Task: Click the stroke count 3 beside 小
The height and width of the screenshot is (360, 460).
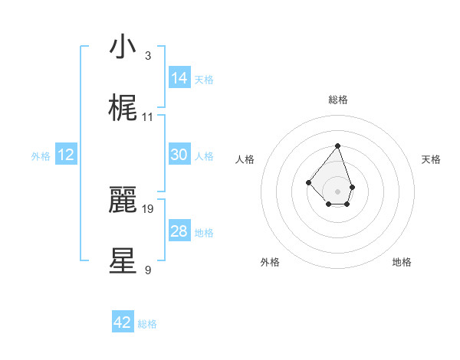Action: click(148, 56)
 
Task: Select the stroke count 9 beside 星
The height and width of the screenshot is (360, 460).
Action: click(148, 270)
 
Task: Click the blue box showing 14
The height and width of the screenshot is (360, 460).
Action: click(179, 77)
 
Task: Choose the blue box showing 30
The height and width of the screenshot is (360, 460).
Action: click(179, 155)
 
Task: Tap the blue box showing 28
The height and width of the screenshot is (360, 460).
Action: click(179, 231)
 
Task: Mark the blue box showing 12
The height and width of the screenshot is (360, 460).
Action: click(66, 155)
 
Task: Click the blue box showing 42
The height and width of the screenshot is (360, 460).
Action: click(123, 322)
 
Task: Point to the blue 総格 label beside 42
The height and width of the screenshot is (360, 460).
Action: click(147, 324)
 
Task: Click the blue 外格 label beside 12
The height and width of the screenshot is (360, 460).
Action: click(41, 156)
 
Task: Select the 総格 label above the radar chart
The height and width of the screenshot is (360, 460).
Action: click(338, 100)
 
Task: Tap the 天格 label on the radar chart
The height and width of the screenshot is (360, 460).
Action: click(432, 159)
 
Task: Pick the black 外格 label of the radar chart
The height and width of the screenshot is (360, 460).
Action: click(270, 262)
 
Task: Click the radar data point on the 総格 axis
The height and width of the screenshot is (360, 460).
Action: click(337, 146)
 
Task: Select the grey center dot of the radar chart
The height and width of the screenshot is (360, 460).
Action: click(337, 191)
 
